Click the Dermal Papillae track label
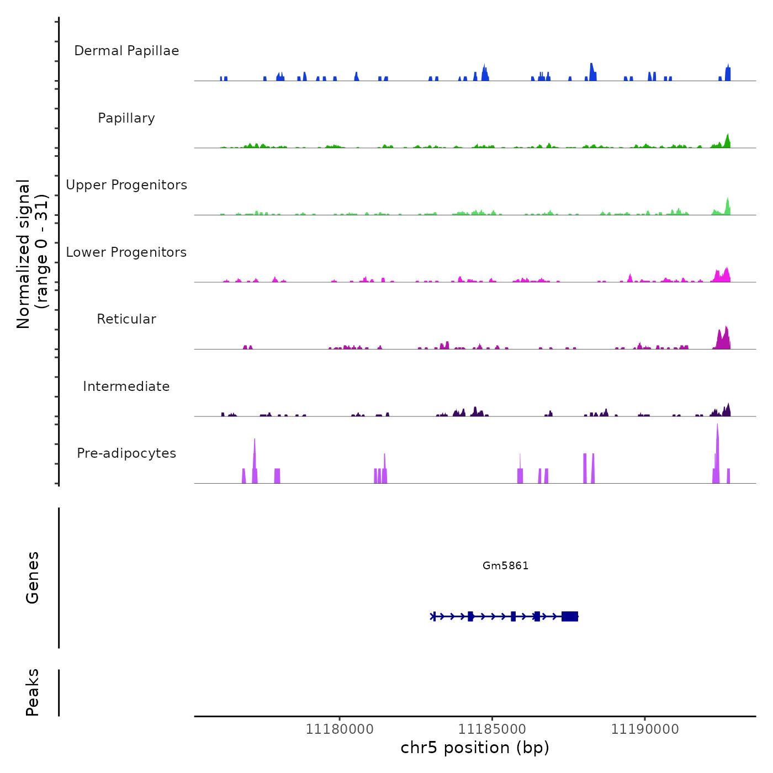pos(126,51)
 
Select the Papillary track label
pos(126,118)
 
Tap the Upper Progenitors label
pos(126,185)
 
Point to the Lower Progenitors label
pos(126,252)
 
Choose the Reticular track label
pos(126,319)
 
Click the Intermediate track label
pos(126,386)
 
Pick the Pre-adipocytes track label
pos(126,453)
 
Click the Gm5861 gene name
pos(505,565)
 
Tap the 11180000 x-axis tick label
pos(340,729)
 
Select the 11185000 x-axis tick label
pos(492,729)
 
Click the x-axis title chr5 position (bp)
pos(475,748)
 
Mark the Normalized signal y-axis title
pos(32,254)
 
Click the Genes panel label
pos(32,578)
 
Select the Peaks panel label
pos(32,692)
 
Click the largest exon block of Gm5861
pos(570,616)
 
